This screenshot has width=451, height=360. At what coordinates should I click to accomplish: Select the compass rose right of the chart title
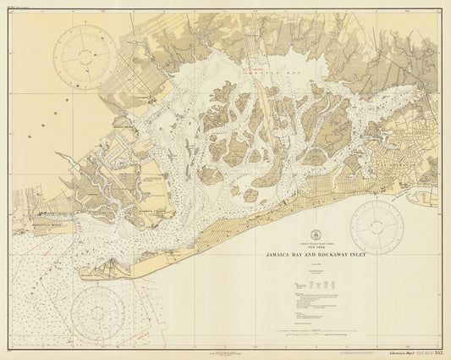pos(377,225)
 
